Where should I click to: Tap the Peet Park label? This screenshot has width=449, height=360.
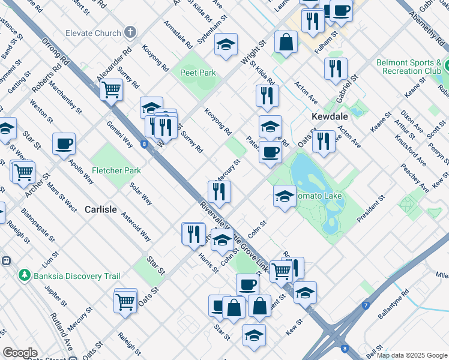(197, 73)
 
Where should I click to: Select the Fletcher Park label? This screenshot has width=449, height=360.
(116, 170)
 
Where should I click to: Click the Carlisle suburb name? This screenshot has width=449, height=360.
(100, 209)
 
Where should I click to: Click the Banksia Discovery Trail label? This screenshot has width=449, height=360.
(77, 276)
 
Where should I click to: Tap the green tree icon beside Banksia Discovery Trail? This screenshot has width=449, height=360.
(25, 275)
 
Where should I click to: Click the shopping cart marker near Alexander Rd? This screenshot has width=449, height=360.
(112, 90)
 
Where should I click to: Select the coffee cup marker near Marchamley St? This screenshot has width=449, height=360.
(64, 144)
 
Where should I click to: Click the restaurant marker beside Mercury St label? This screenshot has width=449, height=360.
(219, 191)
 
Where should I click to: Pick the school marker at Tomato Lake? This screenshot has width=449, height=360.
(285, 196)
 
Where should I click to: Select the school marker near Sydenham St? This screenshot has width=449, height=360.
(226, 44)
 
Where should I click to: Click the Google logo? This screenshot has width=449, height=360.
(20, 353)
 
